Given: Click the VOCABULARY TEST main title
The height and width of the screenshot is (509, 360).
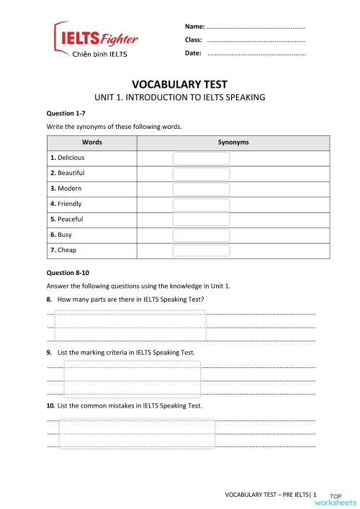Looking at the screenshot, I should tap(180, 84).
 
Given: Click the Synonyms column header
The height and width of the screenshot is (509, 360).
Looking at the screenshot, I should tap(233, 143).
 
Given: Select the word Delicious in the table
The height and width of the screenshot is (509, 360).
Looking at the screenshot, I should tap(70, 158).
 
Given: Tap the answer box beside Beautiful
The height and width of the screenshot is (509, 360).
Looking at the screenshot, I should tap(201, 174).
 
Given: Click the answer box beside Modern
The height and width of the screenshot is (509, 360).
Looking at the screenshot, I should tap(201, 189).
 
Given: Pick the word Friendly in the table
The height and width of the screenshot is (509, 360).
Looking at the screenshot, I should tap(68, 204).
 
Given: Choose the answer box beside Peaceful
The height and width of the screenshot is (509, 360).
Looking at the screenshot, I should tap(201, 220).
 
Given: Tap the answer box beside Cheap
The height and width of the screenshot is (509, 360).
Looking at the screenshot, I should tap(201, 251).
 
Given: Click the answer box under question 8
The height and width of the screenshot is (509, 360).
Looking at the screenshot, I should tap(130, 325).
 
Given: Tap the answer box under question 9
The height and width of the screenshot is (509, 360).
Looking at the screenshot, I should tap(132, 379).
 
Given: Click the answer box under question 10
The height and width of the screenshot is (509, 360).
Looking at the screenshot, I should tap(137, 433).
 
